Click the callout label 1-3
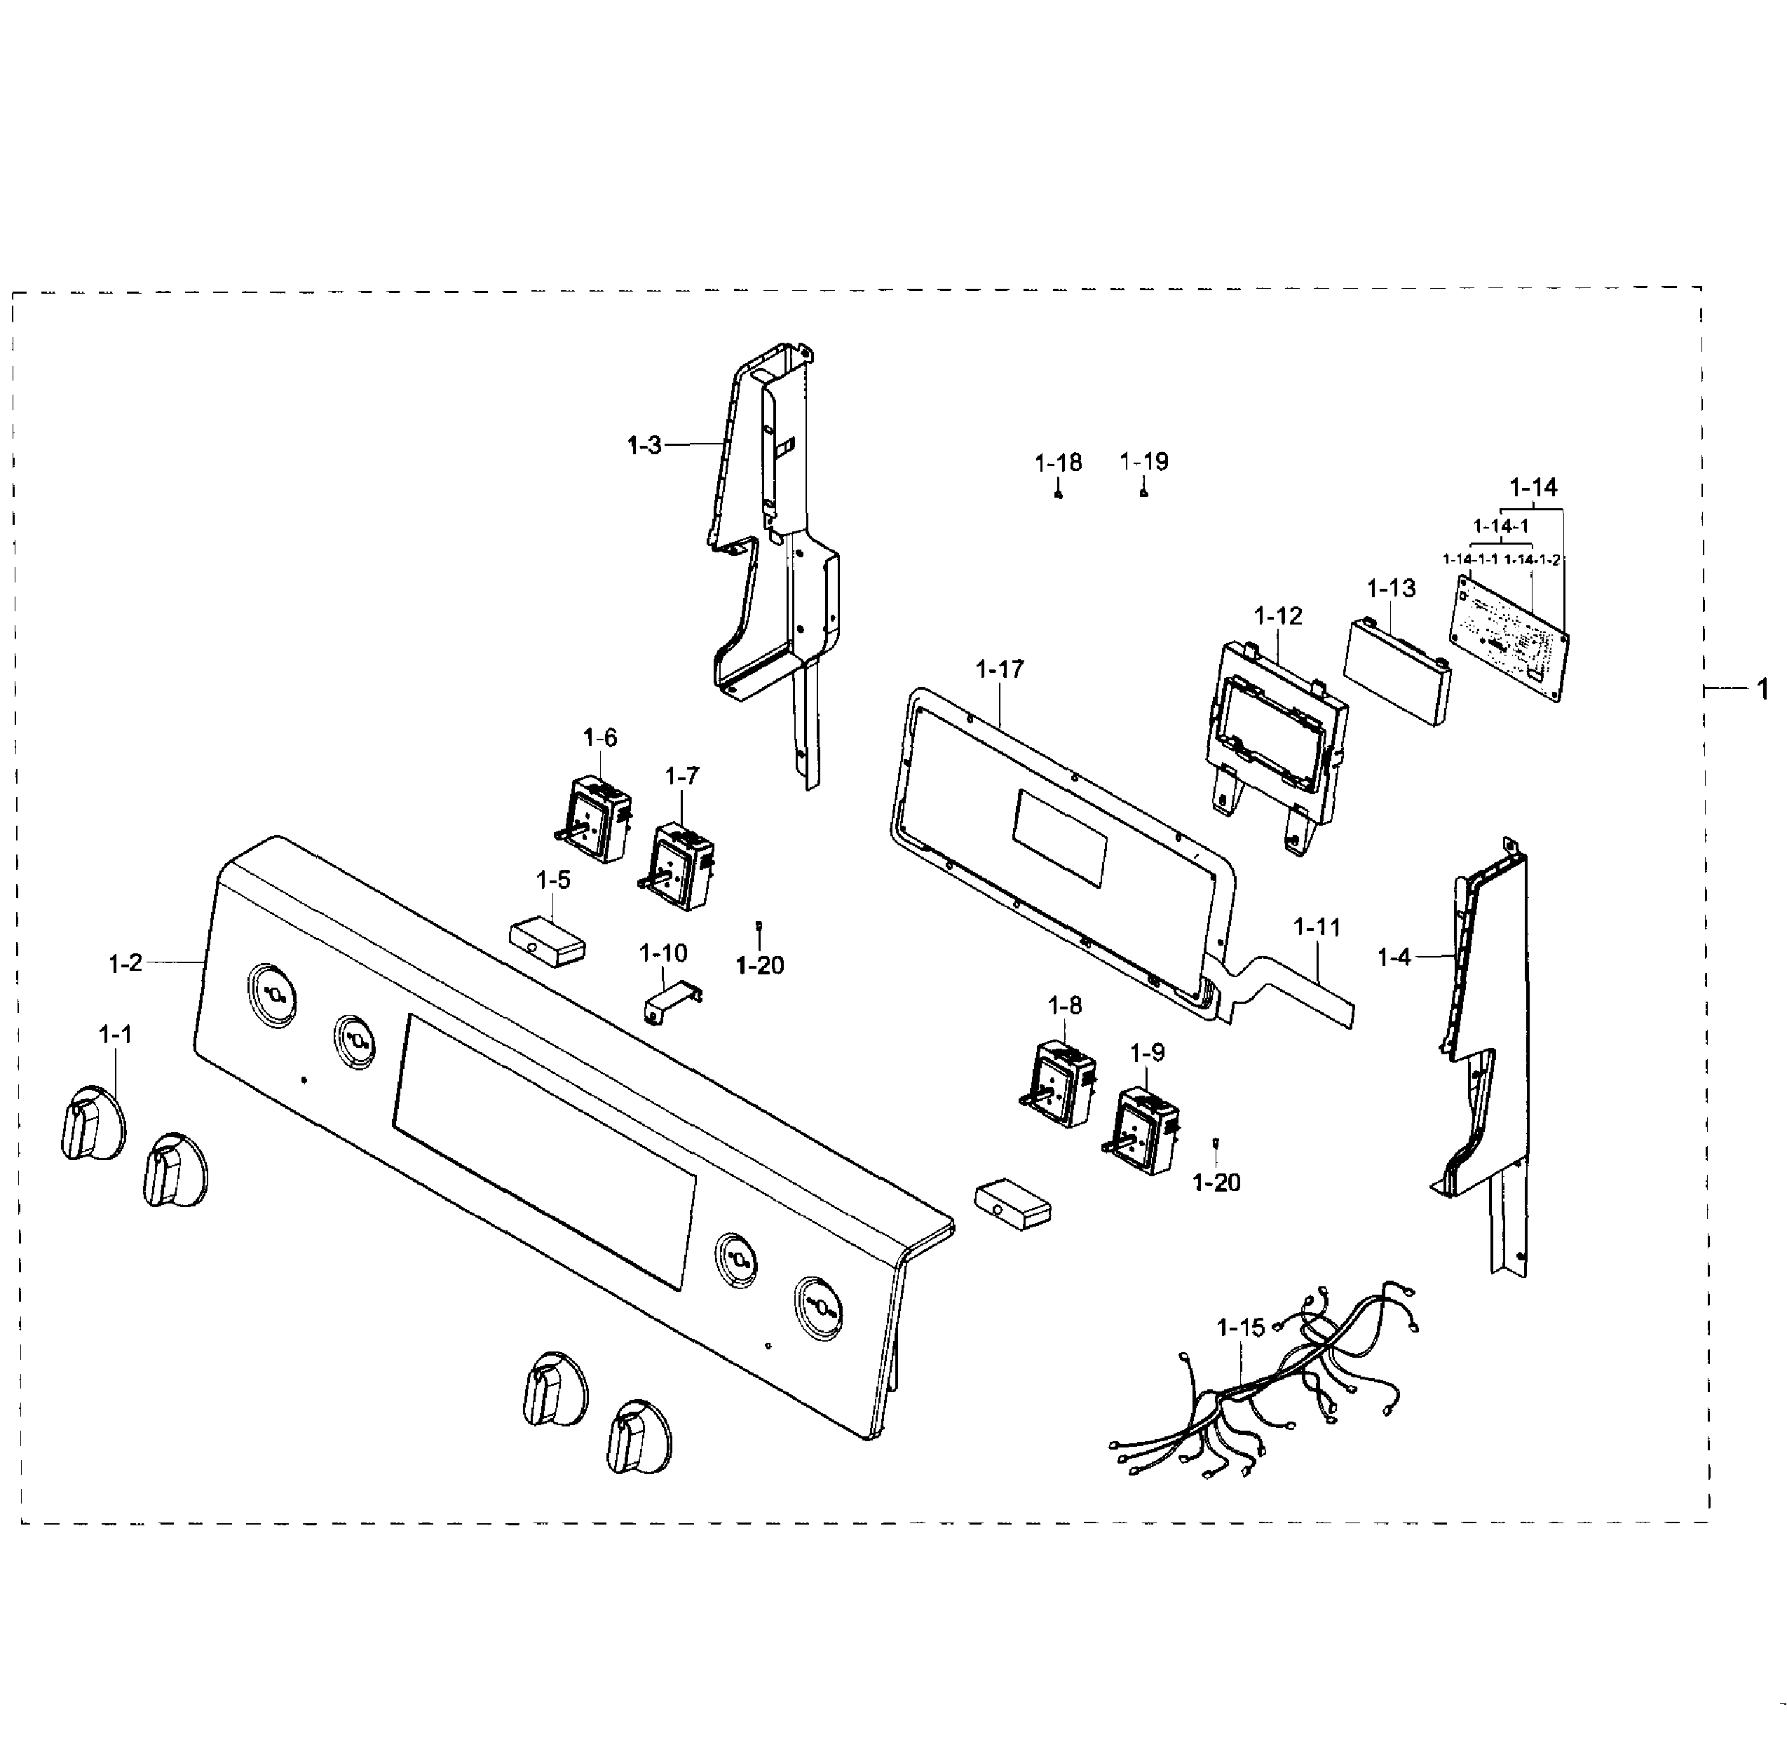644,445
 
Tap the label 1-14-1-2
1533,559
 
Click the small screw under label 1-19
1144,493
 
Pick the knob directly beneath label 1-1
92,1124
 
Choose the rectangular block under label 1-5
548,941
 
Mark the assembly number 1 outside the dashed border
1762,690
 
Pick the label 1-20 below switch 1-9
1216,1183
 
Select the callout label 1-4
1394,958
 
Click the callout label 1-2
125,962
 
